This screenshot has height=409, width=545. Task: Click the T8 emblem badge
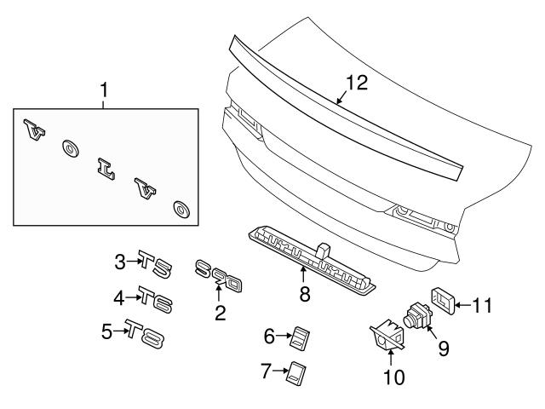pyautogui.click(x=145, y=333)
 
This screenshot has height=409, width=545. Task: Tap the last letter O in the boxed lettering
pyautogui.click(x=181, y=209)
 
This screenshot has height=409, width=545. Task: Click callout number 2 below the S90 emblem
pyautogui.click(x=220, y=313)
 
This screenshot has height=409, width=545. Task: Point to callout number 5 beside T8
pyautogui.click(x=106, y=331)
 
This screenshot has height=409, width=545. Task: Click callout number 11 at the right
pyautogui.click(x=483, y=304)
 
